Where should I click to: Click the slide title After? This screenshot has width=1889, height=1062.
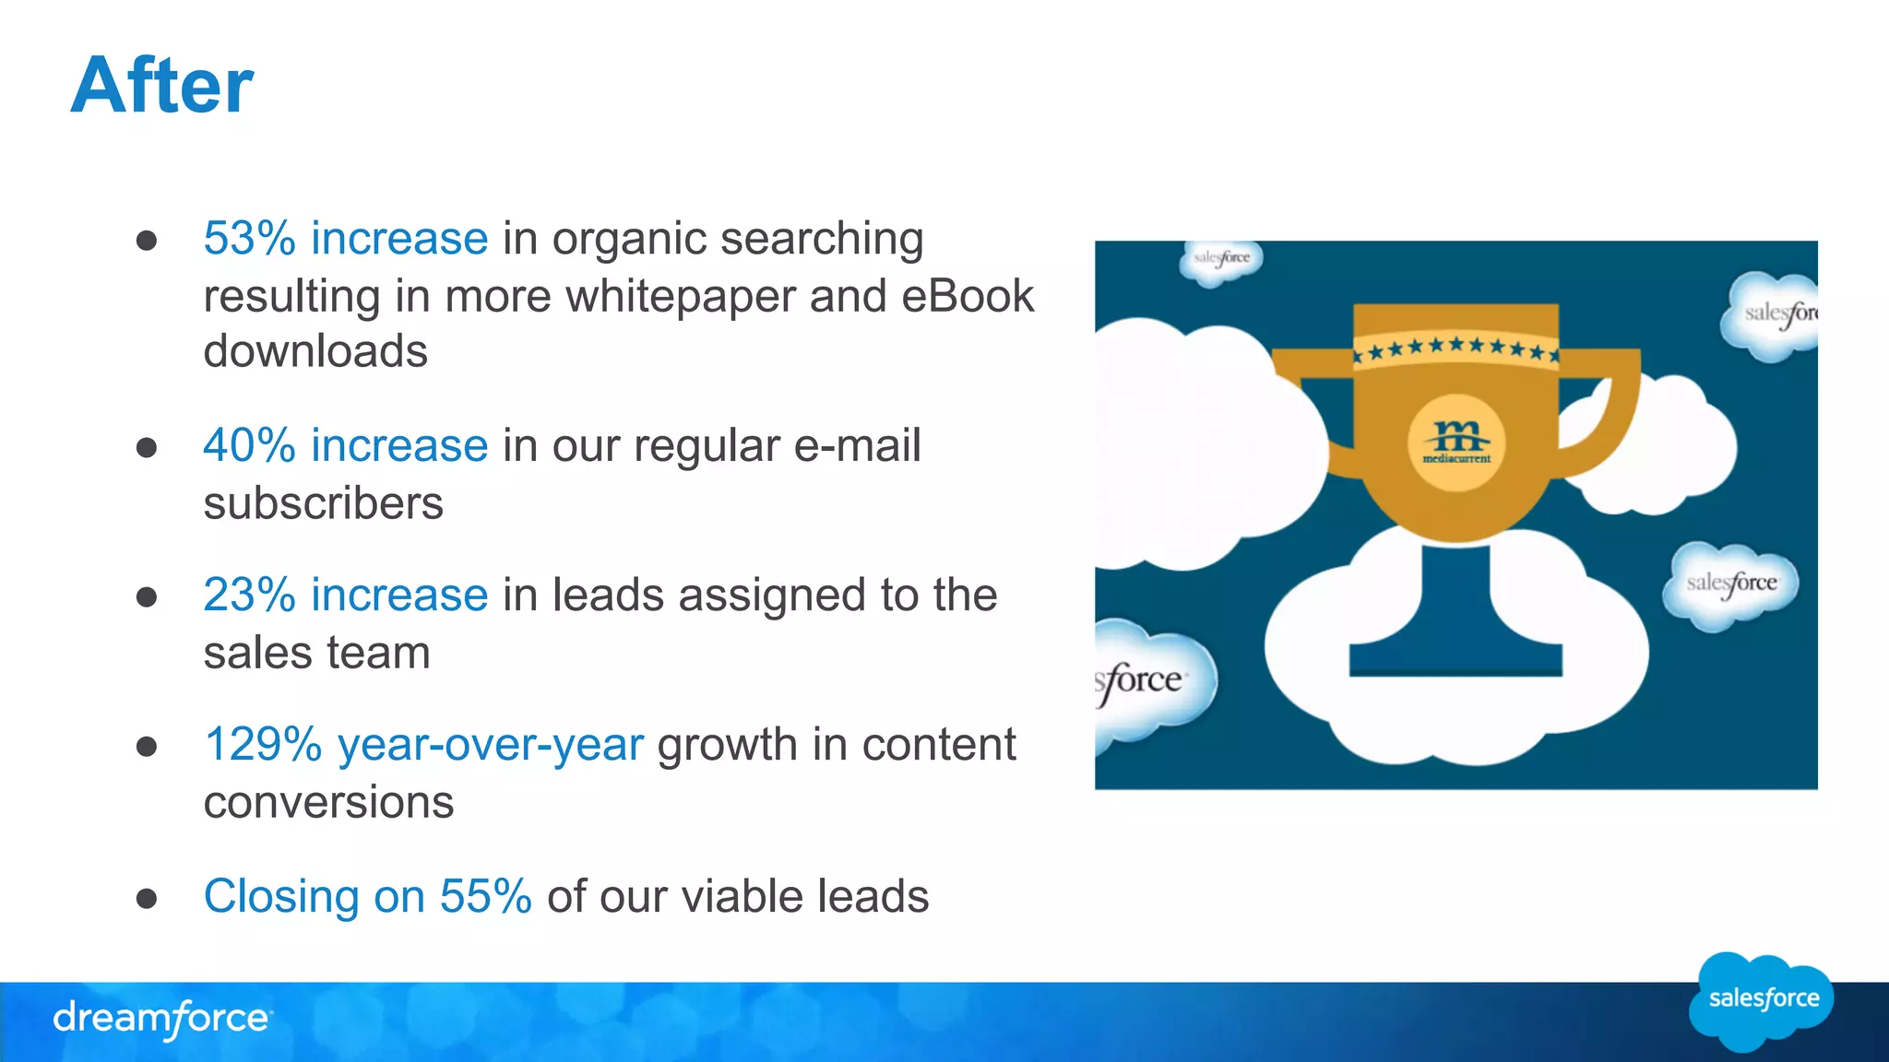coord(161,86)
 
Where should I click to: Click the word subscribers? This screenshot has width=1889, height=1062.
coord(323,504)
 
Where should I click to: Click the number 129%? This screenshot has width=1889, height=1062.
coord(263,745)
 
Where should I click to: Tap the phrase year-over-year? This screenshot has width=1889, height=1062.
coord(491,745)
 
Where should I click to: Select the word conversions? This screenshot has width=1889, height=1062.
coord(328,803)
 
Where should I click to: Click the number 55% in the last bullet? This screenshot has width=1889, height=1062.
coord(485,896)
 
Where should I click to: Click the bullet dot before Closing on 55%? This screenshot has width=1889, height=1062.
coord(147,898)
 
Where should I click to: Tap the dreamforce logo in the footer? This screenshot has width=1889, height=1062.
coord(162,1019)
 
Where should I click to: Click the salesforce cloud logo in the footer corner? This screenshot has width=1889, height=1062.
coord(1762,1000)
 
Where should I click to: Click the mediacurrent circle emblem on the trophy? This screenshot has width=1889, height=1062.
coord(1456,443)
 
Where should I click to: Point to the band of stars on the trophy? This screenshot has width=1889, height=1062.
coord(1455,348)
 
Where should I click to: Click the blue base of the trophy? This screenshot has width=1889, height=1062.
coord(1455,645)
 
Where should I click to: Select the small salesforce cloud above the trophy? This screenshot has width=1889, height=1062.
coord(1221,260)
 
